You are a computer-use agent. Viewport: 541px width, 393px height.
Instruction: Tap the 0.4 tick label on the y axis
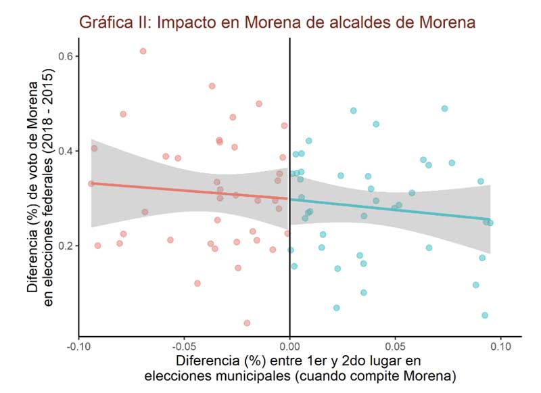point(66,151)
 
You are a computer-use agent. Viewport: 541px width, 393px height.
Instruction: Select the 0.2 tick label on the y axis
point(66,246)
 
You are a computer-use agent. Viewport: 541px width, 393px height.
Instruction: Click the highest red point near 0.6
point(143,51)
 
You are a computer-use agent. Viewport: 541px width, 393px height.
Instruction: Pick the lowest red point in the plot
point(247,323)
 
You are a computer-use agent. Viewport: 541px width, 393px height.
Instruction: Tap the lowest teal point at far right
point(485,315)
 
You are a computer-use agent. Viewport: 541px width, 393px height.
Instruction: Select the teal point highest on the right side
point(444,108)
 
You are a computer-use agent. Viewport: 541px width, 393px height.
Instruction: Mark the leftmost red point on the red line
point(91,183)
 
